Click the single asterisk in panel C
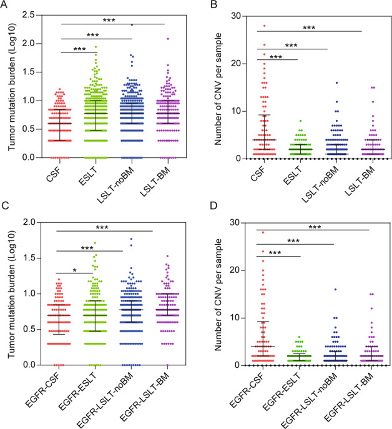pyautogui.click(x=74, y=272)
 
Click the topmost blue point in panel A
pyautogui.click(x=131, y=24)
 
